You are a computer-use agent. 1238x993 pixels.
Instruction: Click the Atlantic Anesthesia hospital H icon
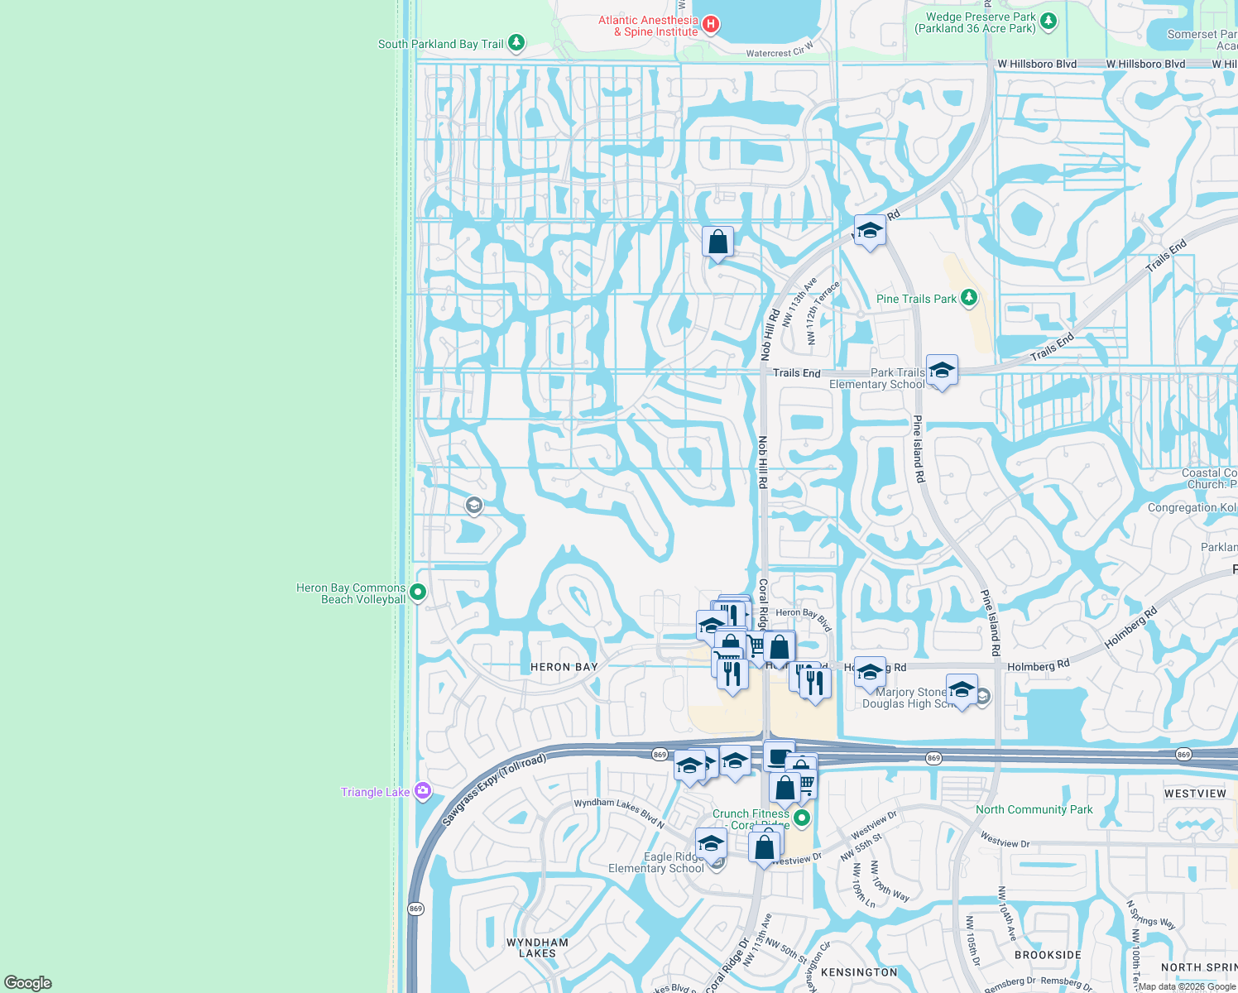tap(710, 25)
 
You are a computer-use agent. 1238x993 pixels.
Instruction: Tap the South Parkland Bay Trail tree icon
tap(516, 42)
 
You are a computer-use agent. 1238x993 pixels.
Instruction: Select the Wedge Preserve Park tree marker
tap(1048, 22)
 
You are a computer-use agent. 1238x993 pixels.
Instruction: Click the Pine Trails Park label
tap(916, 299)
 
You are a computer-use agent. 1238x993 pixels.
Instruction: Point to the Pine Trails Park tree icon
tap(968, 297)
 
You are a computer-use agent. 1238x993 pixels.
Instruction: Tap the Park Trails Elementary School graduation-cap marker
tap(942, 370)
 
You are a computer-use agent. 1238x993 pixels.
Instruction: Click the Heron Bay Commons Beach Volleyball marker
tap(418, 592)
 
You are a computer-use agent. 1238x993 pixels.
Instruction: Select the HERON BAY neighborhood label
tap(564, 667)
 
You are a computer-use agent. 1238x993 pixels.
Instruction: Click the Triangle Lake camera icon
tap(423, 791)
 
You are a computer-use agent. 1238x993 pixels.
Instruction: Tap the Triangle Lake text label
tap(375, 792)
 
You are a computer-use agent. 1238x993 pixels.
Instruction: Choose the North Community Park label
tap(1034, 809)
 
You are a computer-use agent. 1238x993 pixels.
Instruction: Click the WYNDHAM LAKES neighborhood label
tap(537, 947)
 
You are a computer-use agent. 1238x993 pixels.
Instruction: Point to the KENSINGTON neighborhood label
tap(859, 972)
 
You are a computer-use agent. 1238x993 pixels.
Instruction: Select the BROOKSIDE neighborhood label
tap(1048, 955)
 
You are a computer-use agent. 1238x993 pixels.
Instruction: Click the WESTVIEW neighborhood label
tap(1195, 794)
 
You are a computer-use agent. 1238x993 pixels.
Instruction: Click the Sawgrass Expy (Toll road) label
tap(493, 789)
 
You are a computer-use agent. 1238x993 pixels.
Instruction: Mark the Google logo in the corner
tap(28, 983)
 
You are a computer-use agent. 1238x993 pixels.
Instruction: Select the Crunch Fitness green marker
tap(801, 818)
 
